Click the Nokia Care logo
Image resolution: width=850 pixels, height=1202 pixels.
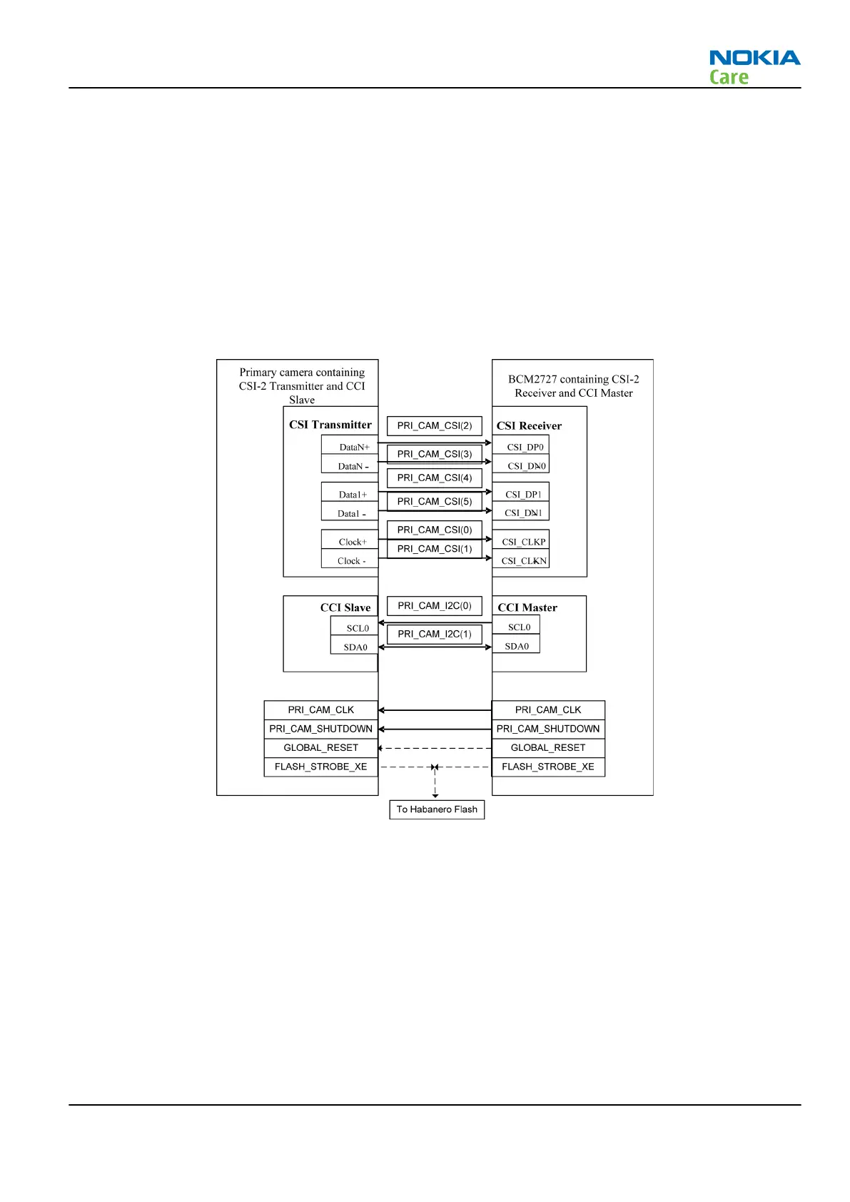click(754, 67)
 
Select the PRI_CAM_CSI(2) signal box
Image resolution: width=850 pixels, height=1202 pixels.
click(434, 426)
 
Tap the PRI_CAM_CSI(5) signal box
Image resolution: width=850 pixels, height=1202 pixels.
click(434, 502)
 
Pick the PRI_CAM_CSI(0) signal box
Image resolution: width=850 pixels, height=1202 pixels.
click(434, 530)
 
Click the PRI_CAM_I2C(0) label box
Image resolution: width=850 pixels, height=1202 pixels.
click(434, 606)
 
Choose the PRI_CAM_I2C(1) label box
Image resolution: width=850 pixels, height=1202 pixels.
click(434, 635)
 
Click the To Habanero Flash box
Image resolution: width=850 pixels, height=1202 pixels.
click(437, 809)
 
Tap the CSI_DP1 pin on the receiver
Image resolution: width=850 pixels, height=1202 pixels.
click(522, 495)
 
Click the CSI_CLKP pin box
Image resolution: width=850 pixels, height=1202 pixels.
click(523, 542)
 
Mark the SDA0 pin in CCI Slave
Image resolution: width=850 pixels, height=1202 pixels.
click(355, 647)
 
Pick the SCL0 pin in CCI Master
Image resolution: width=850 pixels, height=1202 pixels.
click(518, 627)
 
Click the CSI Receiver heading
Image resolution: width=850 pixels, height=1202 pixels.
click(529, 426)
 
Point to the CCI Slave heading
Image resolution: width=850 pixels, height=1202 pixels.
click(345, 608)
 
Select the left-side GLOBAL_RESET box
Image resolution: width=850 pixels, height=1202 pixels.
click(320, 748)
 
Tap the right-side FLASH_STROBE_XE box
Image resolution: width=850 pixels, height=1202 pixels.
click(547, 767)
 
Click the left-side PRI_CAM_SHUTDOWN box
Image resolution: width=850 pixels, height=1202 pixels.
click(320, 729)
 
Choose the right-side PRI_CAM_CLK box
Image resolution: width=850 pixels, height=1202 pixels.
click(547, 710)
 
